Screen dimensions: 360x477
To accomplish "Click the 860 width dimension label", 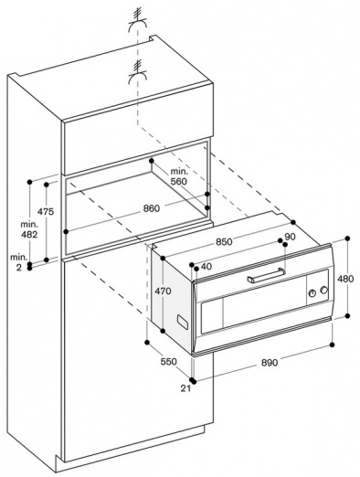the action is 152,208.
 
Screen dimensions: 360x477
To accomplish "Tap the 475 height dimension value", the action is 46,211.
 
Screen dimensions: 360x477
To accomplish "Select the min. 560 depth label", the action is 178,176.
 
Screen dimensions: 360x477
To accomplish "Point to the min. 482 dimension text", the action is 29,229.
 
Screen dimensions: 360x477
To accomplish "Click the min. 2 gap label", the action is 19,262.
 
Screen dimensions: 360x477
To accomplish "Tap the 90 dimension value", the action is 291,237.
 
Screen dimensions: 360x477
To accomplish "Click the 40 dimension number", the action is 206,267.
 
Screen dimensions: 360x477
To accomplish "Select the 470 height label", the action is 163,291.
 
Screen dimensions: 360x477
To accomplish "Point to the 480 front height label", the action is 345,279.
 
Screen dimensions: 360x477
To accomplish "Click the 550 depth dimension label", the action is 168,362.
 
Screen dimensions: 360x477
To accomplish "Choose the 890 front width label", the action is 270,363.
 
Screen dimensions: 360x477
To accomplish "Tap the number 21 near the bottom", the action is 185,388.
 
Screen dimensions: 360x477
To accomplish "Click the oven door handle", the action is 267,275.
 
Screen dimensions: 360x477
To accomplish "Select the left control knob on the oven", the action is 312,293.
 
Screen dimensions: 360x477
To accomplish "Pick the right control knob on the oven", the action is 324,290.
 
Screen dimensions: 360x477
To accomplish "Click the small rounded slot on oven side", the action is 183,323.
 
